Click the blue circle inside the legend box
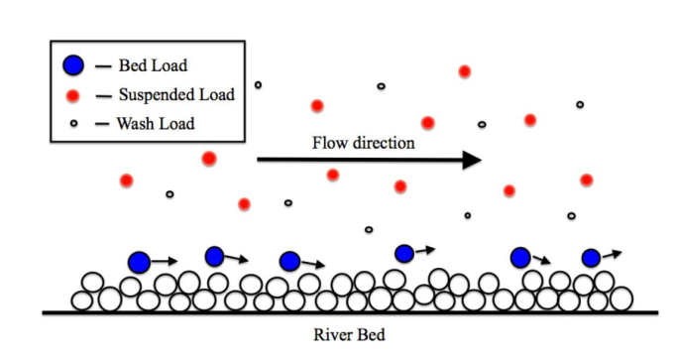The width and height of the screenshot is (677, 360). [73, 65]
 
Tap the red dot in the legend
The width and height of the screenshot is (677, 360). [73, 95]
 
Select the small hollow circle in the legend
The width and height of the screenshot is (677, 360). [73, 124]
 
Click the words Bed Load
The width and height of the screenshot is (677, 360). [153, 65]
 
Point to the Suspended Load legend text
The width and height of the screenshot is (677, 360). [176, 94]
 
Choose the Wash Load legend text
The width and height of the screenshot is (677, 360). [156, 124]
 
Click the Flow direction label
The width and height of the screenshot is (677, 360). [363, 143]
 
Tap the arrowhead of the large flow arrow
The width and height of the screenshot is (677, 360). [472, 160]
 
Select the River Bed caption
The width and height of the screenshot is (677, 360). [349, 335]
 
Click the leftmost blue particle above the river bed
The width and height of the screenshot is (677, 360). [139, 262]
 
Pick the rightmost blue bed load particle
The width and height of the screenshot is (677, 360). [591, 258]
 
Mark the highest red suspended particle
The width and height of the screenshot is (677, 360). [464, 71]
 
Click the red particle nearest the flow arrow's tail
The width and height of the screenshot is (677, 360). [209, 159]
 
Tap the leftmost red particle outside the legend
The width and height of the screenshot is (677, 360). [126, 180]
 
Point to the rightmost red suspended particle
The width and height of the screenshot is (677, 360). [586, 180]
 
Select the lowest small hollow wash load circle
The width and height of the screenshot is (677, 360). [369, 229]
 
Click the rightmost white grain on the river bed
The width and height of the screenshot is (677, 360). [621, 299]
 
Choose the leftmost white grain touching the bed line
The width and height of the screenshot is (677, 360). [82, 300]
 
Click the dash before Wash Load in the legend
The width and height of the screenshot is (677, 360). [102, 124]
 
